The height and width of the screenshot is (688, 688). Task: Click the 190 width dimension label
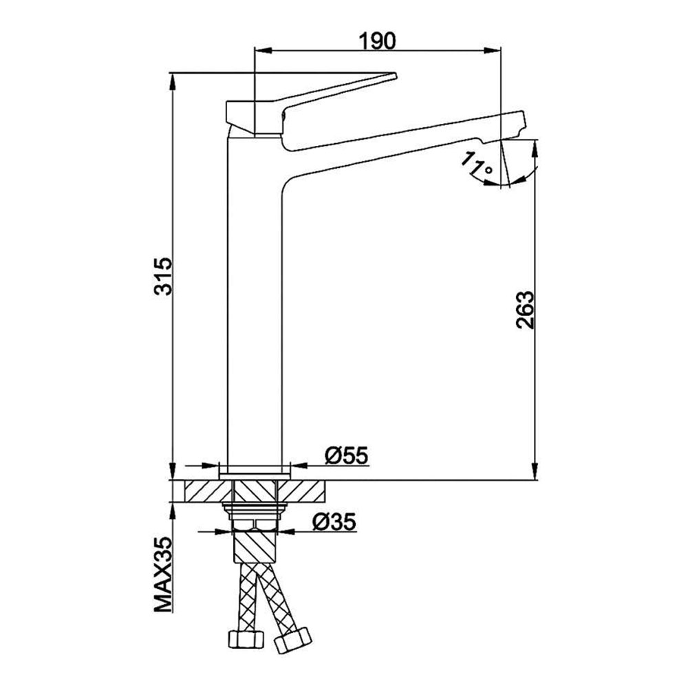[377, 41]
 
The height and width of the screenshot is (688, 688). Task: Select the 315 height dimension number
[164, 277]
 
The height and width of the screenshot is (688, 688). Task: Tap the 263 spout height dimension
[525, 310]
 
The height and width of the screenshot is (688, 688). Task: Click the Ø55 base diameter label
[346, 455]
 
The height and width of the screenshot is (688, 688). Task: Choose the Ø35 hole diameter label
[334, 522]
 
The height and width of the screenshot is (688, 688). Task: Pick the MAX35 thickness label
[164, 574]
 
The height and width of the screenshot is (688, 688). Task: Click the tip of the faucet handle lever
[395, 76]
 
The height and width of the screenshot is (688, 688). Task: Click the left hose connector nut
[246, 639]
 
